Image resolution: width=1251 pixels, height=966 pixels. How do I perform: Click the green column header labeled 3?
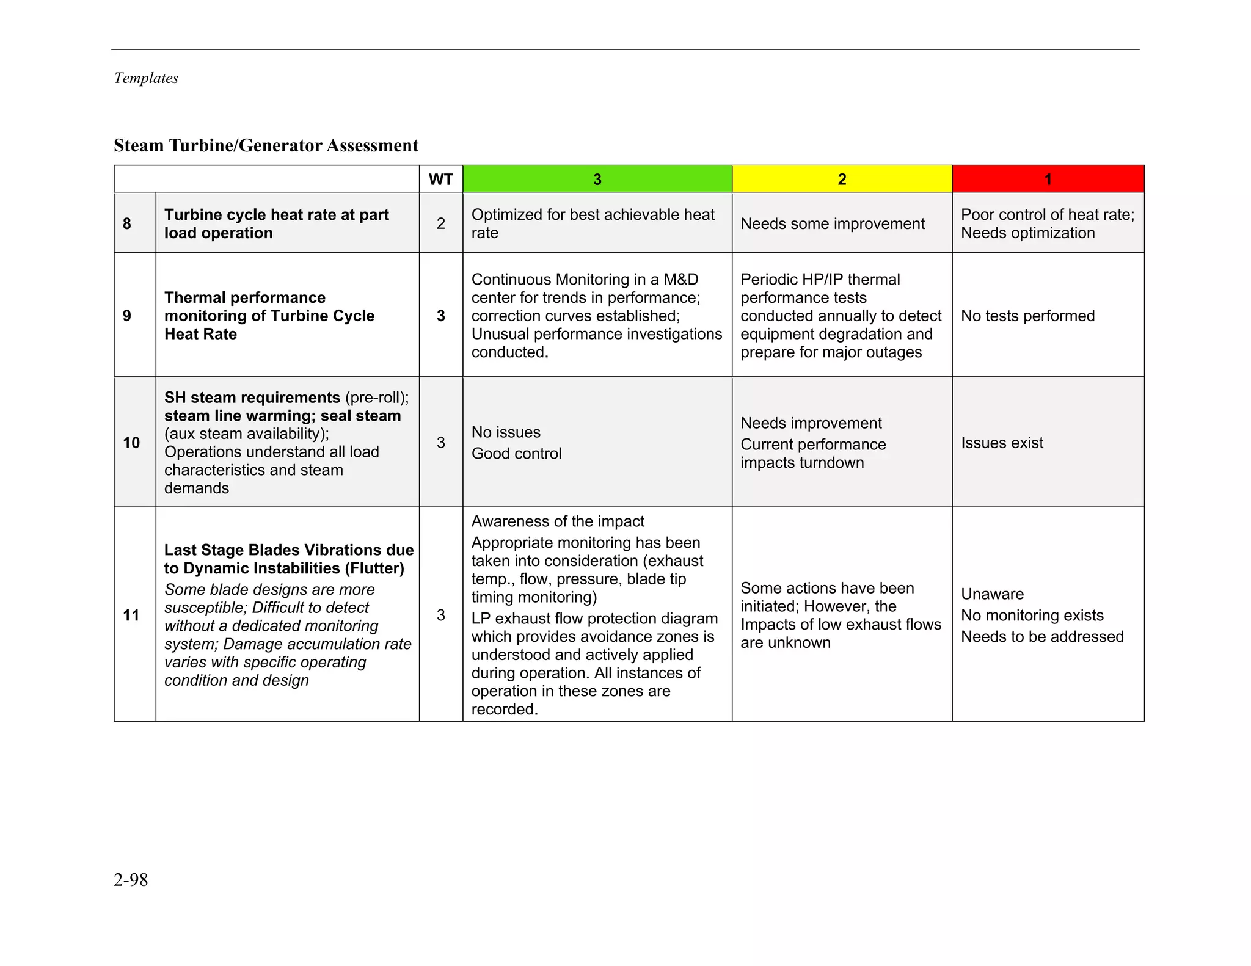point(597,180)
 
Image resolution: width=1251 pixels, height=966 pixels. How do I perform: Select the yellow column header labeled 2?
point(841,180)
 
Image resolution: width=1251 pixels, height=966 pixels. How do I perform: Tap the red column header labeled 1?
point(1048,180)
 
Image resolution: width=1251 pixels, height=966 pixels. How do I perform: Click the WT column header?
point(440,180)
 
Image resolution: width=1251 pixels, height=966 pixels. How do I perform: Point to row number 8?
point(127,223)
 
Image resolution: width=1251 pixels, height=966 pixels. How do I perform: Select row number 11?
point(131,615)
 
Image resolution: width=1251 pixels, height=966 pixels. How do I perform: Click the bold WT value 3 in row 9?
point(440,316)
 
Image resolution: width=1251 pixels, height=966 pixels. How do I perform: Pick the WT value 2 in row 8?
point(440,223)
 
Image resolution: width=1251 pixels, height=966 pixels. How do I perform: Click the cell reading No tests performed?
point(1027,316)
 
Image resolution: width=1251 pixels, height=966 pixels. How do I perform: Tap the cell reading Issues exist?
point(1002,443)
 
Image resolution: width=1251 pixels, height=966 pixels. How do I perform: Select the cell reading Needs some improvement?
point(832,224)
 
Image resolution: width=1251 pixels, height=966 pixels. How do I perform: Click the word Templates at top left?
point(146,78)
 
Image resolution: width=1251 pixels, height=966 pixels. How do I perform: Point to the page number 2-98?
point(131,880)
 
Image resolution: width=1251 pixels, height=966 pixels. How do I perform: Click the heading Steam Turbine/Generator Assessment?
point(266,145)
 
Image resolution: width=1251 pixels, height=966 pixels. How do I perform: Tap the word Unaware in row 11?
point(992,594)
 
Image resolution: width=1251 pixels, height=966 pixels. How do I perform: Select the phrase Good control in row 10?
point(516,454)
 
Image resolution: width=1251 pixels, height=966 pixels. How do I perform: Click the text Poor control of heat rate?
point(1047,215)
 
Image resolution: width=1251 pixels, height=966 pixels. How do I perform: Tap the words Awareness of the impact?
point(558,521)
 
